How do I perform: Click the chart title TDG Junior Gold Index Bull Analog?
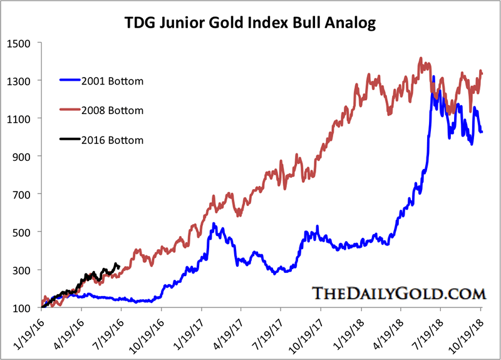tap(250, 24)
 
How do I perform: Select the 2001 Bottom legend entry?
tap(112, 81)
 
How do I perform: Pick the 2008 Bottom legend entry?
tap(112, 110)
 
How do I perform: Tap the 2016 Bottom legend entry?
tap(112, 140)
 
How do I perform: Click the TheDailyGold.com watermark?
tap(398, 294)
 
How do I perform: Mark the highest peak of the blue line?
tap(434, 78)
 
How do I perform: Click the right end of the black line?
tap(119, 266)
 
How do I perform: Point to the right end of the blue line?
tap(482, 131)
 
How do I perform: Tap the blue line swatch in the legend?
tap(69, 81)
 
